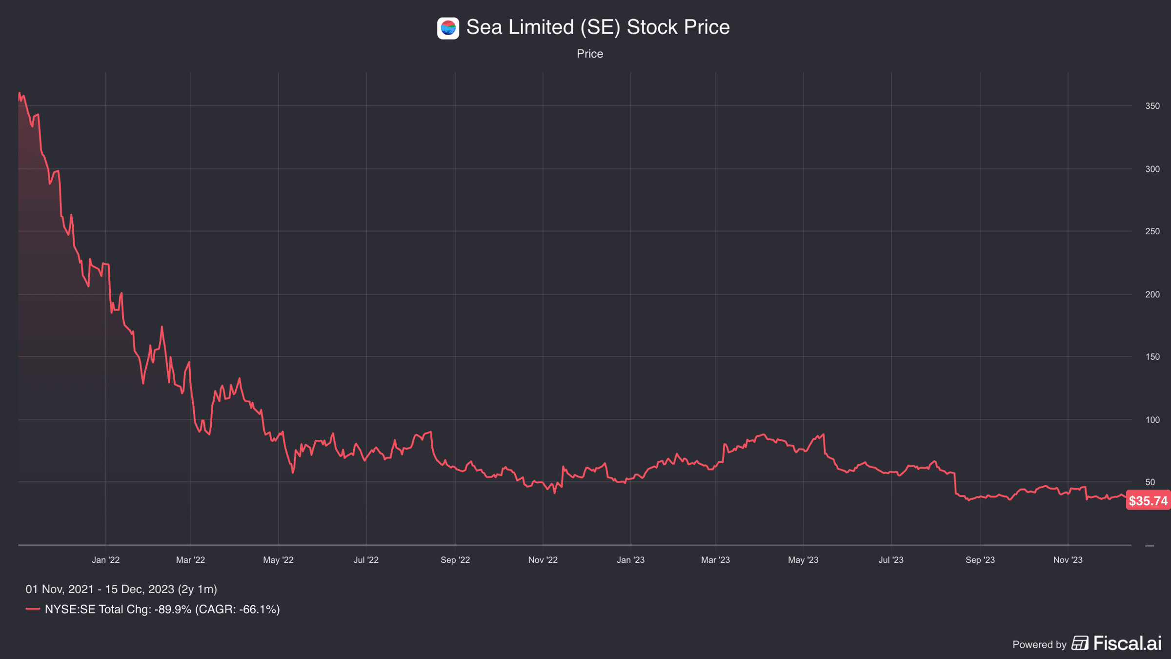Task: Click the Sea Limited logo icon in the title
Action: click(448, 28)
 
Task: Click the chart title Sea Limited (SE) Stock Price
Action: click(598, 27)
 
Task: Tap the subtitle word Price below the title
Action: click(590, 54)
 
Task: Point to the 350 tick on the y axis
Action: click(1152, 106)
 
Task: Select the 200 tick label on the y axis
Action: click(1152, 294)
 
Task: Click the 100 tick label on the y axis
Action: click(1152, 420)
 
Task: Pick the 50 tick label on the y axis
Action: click(1150, 482)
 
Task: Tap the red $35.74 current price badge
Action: click(1148, 500)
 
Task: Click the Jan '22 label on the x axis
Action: click(106, 560)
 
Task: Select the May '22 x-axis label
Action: click(278, 560)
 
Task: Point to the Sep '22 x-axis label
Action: click(455, 560)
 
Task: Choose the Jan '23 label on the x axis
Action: click(630, 560)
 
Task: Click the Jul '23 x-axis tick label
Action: click(891, 560)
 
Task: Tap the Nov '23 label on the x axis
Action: click(1068, 560)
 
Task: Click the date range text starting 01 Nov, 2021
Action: click(121, 589)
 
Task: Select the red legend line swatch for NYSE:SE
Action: click(33, 609)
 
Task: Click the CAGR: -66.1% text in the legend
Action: click(238, 610)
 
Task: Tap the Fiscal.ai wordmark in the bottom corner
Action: click(1127, 643)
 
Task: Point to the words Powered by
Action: click(1039, 644)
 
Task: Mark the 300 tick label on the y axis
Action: click(1152, 169)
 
